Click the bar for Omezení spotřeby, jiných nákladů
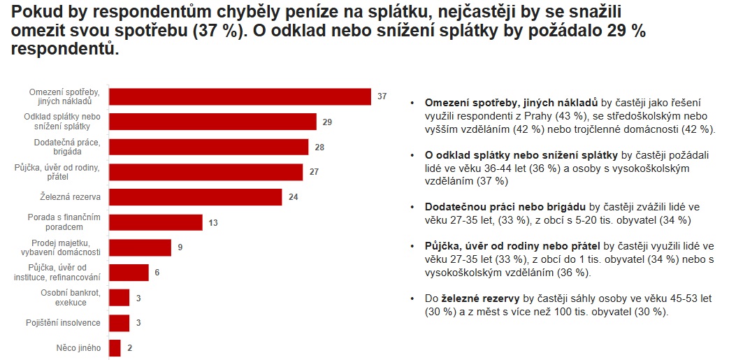coord(240,96)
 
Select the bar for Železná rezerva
coord(196,197)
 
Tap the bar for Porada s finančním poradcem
coord(156,222)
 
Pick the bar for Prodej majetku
coord(140,247)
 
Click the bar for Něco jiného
coord(115,347)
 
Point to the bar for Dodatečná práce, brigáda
coord(209,147)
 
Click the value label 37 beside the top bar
coord(382,96)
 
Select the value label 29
coord(327,122)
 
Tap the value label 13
coord(214,222)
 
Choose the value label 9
coord(180,247)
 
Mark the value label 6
coord(157,273)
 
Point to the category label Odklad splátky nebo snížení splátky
coord(62,122)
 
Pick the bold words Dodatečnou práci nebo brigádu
coord(505,207)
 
